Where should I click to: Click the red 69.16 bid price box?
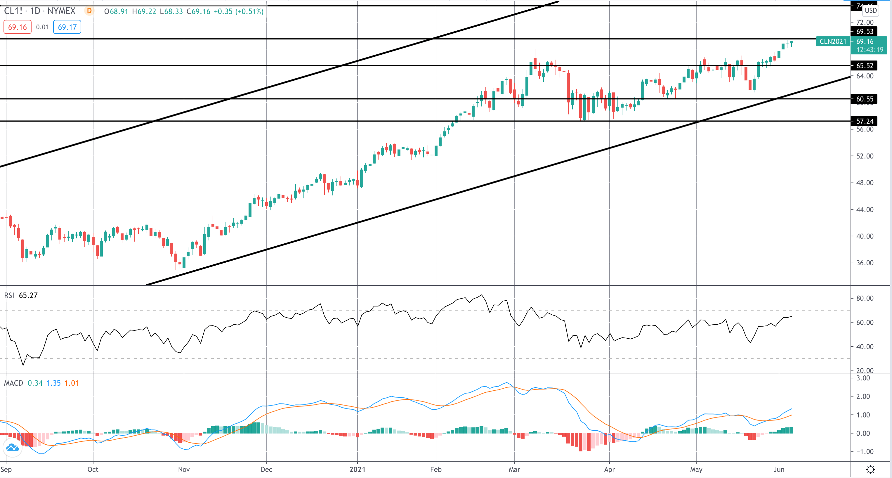coord(17,27)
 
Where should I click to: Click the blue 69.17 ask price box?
coord(67,27)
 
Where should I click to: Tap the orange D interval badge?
coord(89,11)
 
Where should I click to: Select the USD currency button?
coord(870,11)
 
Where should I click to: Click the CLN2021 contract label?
coord(833,41)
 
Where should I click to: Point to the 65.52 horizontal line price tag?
coord(865,65)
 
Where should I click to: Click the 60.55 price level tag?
coord(865,99)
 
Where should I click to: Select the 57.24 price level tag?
coord(865,121)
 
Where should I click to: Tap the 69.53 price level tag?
coord(865,32)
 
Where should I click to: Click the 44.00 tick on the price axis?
coord(865,209)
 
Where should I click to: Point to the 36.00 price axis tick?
coord(865,263)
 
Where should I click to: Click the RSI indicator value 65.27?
coord(28,295)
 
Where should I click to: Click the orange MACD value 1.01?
coord(71,383)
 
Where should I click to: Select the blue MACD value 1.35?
coord(53,383)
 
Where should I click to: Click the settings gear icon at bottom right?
coord(870,470)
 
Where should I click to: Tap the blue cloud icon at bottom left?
coord(13,448)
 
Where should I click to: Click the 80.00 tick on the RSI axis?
coord(865,298)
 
